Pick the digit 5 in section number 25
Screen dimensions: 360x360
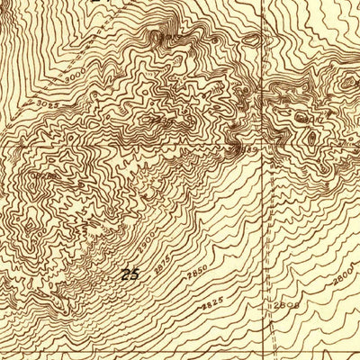tap(135, 274)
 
